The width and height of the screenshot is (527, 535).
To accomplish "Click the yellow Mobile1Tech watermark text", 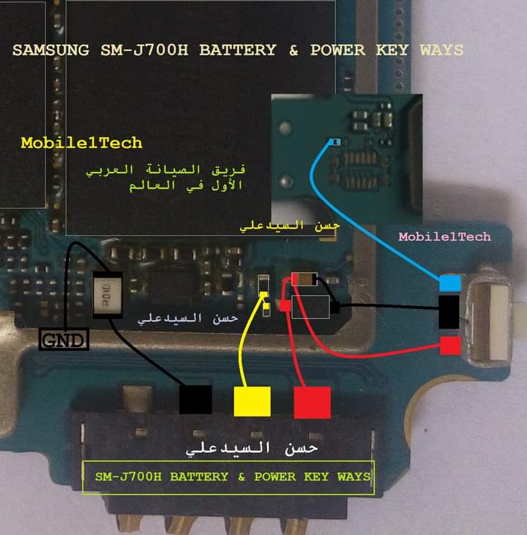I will [81, 142].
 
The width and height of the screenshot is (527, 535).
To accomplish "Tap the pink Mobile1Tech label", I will [444, 236].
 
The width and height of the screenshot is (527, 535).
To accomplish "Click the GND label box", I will [63, 340].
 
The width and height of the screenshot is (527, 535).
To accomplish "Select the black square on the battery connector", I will [195, 400].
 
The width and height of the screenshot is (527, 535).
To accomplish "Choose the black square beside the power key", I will [449, 312].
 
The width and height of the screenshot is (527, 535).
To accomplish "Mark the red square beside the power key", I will [450, 345].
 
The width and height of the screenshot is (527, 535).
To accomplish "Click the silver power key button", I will [488, 320].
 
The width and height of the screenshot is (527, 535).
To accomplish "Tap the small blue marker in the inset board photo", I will [334, 142].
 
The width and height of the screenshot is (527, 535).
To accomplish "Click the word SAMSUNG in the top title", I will [48, 50].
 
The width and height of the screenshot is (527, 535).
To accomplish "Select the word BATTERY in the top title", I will [237, 50].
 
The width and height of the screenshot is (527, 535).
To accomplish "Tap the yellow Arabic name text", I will [291, 226].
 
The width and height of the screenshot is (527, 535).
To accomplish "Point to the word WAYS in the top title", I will [441, 50].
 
